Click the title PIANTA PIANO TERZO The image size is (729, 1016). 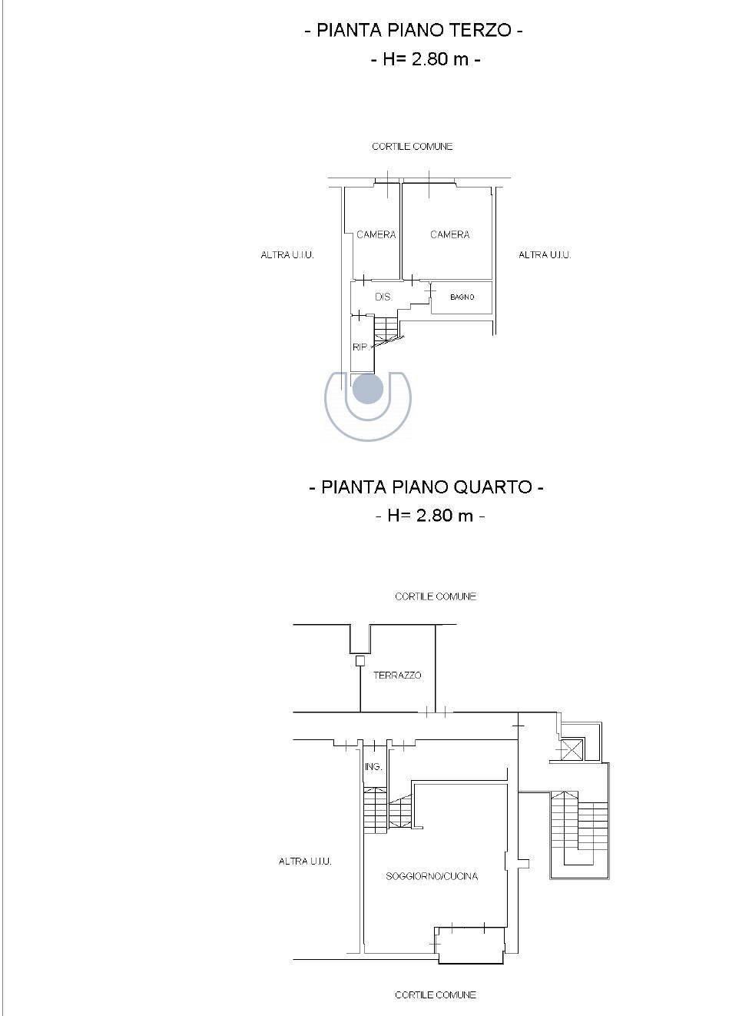(413, 31)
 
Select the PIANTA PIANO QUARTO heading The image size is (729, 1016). (426, 487)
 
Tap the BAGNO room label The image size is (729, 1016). (462, 297)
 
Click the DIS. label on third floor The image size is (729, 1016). (383, 297)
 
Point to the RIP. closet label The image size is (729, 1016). (360, 347)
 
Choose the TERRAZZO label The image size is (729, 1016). (397, 676)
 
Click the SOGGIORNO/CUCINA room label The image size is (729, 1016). (432, 876)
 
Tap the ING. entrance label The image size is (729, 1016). (373, 766)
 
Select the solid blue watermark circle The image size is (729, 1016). (368, 389)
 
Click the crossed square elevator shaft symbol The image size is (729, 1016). (572, 749)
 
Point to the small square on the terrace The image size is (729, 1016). (360, 661)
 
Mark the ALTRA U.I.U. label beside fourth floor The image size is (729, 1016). (305, 861)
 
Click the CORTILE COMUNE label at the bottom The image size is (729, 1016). (436, 995)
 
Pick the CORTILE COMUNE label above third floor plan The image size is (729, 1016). (412, 147)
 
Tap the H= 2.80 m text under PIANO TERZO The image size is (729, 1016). (426, 59)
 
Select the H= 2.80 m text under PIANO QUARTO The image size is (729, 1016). (430, 516)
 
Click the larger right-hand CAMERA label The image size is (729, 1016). (449, 234)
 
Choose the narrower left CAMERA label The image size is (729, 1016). (376, 234)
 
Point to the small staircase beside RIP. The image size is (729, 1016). (386, 329)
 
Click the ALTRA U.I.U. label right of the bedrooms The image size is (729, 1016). (545, 255)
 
